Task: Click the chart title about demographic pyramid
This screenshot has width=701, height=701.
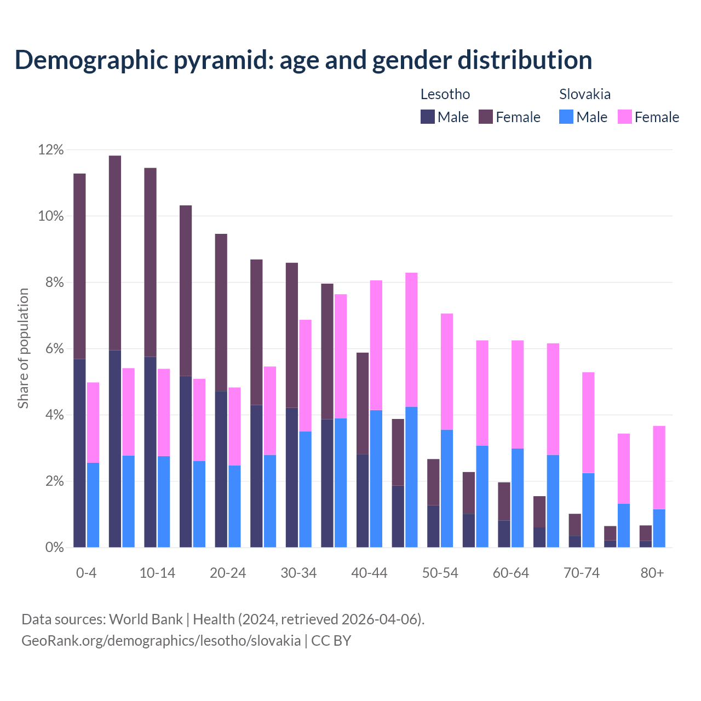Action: click(303, 60)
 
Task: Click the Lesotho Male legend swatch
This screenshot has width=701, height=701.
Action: click(427, 117)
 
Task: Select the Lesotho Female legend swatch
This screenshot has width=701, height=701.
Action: click(486, 117)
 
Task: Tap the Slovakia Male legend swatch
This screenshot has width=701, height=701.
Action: click(566, 117)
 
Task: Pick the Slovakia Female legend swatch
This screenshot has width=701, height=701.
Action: click(624, 117)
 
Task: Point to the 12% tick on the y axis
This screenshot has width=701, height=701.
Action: click(51, 150)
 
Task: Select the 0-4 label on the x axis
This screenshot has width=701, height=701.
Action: click(87, 573)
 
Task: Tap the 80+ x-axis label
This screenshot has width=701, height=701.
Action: click(652, 573)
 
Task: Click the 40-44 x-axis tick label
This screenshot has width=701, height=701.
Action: click(369, 573)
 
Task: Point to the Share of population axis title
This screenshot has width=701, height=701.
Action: click(24, 348)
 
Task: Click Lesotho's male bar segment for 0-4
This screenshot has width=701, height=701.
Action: click(79, 453)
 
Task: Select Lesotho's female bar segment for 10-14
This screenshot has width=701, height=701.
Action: click(150, 262)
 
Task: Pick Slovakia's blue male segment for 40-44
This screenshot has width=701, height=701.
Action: click(376, 479)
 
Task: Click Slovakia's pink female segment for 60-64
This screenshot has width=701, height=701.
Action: click(518, 394)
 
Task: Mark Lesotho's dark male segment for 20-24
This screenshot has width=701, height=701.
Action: click(221, 469)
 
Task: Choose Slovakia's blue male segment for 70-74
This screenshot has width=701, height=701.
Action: click(588, 510)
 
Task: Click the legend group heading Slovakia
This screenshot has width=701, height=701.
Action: click(584, 94)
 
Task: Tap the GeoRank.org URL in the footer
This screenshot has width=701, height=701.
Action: click(161, 640)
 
